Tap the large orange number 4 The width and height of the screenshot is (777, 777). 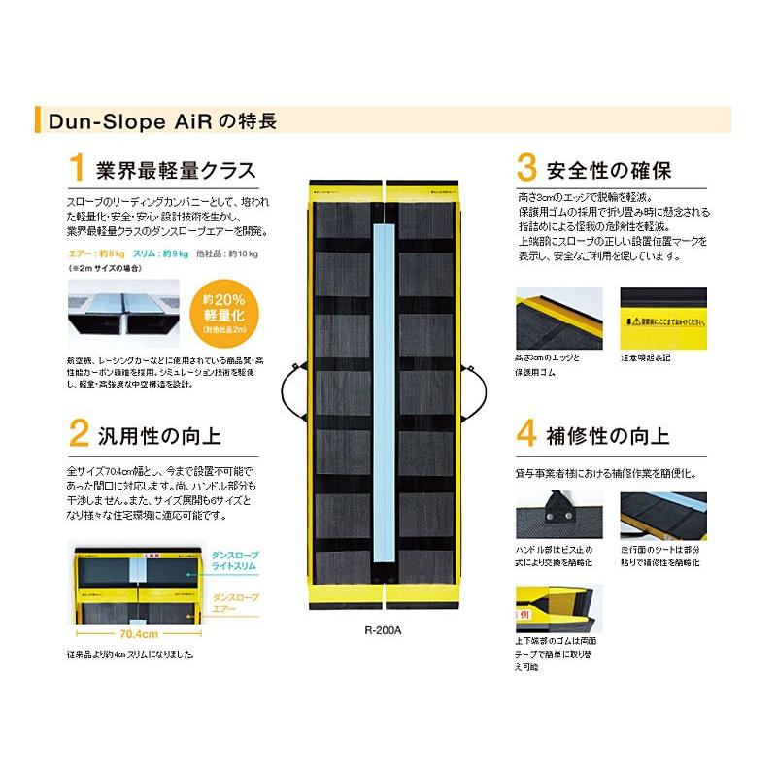[x=526, y=431]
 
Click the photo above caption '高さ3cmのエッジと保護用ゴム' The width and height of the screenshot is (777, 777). [x=557, y=317]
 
